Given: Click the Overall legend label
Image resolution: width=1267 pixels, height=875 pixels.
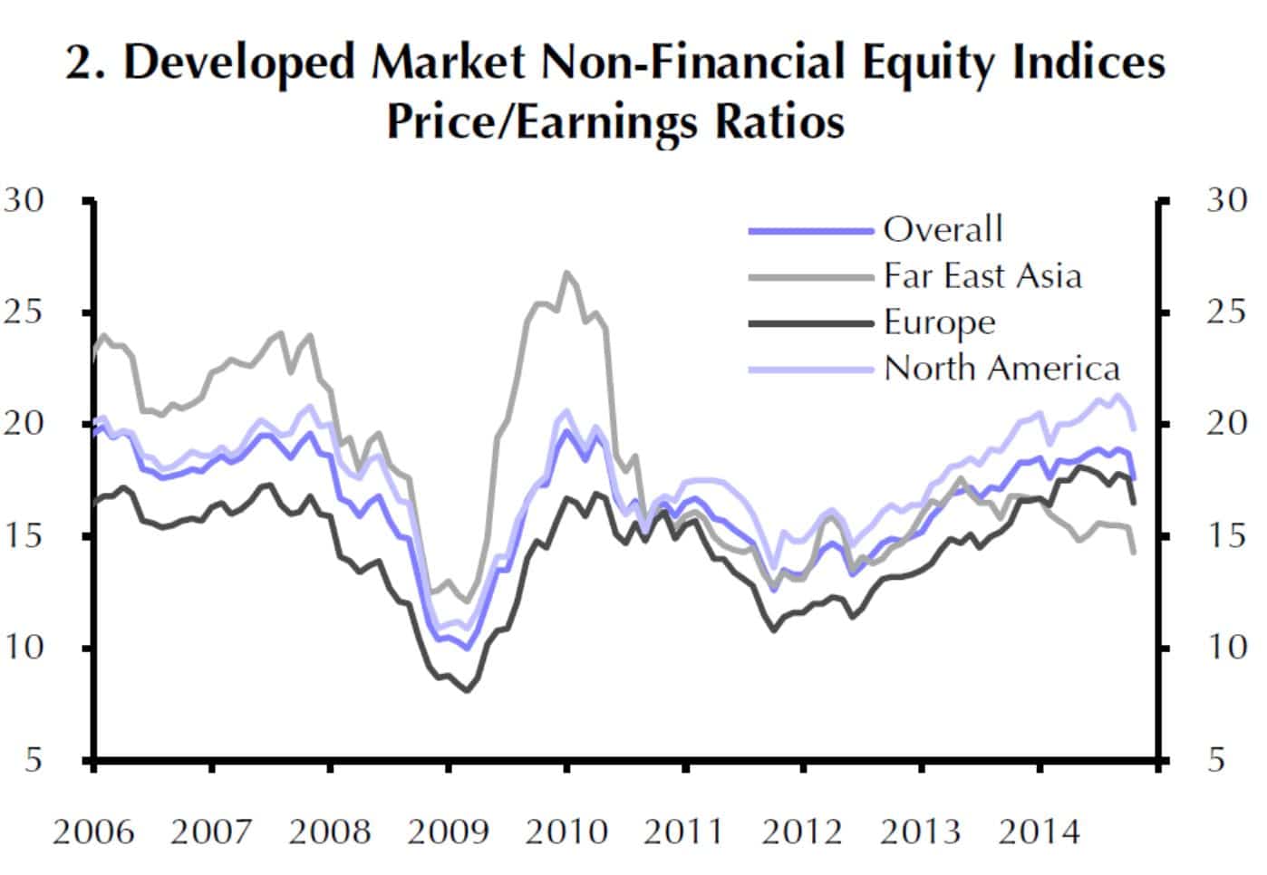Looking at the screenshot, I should [943, 229].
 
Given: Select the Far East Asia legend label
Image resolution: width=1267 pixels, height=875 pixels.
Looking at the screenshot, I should [982, 275].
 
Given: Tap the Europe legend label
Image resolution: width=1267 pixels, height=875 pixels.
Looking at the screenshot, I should [939, 322].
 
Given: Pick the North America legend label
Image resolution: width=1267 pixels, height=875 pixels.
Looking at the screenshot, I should [1001, 369].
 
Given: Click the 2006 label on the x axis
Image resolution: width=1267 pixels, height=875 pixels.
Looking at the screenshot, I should [93, 832].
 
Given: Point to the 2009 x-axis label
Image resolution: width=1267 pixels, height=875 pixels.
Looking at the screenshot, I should [448, 832].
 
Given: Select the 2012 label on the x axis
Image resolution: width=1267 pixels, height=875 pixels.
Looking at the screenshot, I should [802, 832].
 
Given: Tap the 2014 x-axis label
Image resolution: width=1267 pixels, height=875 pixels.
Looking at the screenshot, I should [1039, 832].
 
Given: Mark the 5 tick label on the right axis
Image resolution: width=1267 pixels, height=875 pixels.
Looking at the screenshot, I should [1216, 759].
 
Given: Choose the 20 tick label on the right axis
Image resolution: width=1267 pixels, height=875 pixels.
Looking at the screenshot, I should [1226, 423].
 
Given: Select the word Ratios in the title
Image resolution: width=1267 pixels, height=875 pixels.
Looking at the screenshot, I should [779, 121].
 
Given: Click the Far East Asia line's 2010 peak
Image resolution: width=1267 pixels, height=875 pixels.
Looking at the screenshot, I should [566, 272].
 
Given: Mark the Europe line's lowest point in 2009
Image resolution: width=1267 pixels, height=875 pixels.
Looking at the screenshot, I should [468, 691].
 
